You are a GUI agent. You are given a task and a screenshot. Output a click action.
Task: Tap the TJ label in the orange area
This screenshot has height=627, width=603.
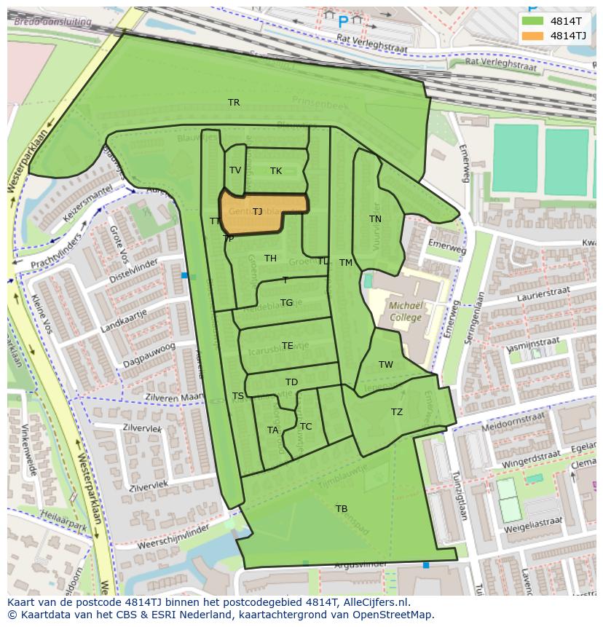point(257,212)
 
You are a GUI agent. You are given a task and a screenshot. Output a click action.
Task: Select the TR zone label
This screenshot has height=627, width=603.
point(234,103)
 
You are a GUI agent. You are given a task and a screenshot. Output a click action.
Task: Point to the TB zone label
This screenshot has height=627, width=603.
point(341,508)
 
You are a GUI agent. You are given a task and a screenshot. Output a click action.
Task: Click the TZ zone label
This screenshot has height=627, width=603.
point(396,412)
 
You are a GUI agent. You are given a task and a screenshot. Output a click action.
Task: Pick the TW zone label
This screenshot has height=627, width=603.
point(385,365)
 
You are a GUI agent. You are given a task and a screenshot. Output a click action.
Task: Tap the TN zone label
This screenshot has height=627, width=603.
point(375,219)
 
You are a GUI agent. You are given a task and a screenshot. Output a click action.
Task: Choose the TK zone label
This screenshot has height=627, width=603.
point(275,171)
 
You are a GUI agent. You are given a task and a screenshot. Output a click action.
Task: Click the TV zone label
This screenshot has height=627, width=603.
point(235,170)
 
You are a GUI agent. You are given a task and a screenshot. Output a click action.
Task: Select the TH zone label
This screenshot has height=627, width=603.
point(270,259)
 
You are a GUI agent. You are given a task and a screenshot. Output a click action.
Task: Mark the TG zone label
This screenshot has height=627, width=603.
point(286,303)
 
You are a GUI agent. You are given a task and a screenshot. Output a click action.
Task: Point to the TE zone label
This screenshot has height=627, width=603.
point(287,346)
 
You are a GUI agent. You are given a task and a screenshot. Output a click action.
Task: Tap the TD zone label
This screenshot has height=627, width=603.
point(291,382)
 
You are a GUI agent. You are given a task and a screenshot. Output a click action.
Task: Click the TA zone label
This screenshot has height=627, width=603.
point(272,430)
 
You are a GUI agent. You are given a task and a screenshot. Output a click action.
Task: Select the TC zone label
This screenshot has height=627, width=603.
point(305,427)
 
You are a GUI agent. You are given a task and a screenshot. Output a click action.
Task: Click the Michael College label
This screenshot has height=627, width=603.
point(406,312)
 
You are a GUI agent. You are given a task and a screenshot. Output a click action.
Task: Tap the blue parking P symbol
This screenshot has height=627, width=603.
point(343,22)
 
